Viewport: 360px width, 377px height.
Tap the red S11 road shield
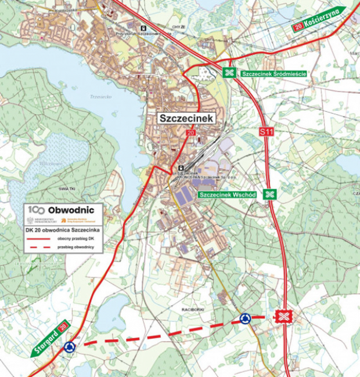tap(266, 132)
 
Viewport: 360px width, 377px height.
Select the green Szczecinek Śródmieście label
tap(273, 74)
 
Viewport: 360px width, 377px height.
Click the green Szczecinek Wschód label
tap(227, 195)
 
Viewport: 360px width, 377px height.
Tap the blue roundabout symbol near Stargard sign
tap(70, 347)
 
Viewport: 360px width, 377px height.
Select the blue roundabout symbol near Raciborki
tap(245, 318)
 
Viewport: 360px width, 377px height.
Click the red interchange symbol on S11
tap(283, 316)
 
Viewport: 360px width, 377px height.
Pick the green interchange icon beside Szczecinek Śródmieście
tap(230, 72)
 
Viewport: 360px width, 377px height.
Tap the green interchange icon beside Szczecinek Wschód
tap(269, 194)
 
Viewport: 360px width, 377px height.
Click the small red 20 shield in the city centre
tap(190, 133)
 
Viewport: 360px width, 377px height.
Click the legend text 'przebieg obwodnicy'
tap(76, 248)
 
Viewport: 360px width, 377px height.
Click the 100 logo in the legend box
tap(37, 209)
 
